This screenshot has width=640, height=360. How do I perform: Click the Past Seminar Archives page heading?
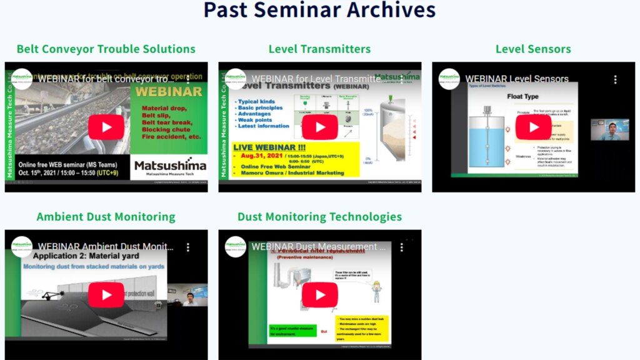[x=319, y=11]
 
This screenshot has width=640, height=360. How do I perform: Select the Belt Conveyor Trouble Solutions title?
[x=106, y=49]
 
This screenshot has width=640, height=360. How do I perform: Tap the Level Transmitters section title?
[x=319, y=49]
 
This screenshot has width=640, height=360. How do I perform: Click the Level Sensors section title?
[x=533, y=49]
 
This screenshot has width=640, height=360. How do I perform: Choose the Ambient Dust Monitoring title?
[x=106, y=217]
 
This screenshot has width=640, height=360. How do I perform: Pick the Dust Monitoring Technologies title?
[x=319, y=217]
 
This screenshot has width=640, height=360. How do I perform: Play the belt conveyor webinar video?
[x=106, y=127]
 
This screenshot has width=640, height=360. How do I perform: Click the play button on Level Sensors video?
[x=533, y=127]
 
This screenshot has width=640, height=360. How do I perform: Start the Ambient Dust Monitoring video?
[x=106, y=294]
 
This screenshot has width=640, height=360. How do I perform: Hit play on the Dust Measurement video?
[x=319, y=294]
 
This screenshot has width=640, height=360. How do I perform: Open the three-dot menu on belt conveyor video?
[x=188, y=79]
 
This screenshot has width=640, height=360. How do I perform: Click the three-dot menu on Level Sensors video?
[x=615, y=79]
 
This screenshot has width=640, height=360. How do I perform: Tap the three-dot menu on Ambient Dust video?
[x=188, y=247]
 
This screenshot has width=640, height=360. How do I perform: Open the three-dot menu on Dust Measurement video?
[x=402, y=247]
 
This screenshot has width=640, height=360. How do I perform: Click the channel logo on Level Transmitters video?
[x=236, y=79]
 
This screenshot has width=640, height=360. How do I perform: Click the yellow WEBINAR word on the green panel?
[x=169, y=92]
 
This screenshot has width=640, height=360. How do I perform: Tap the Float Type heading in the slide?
[x=522, y=97]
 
